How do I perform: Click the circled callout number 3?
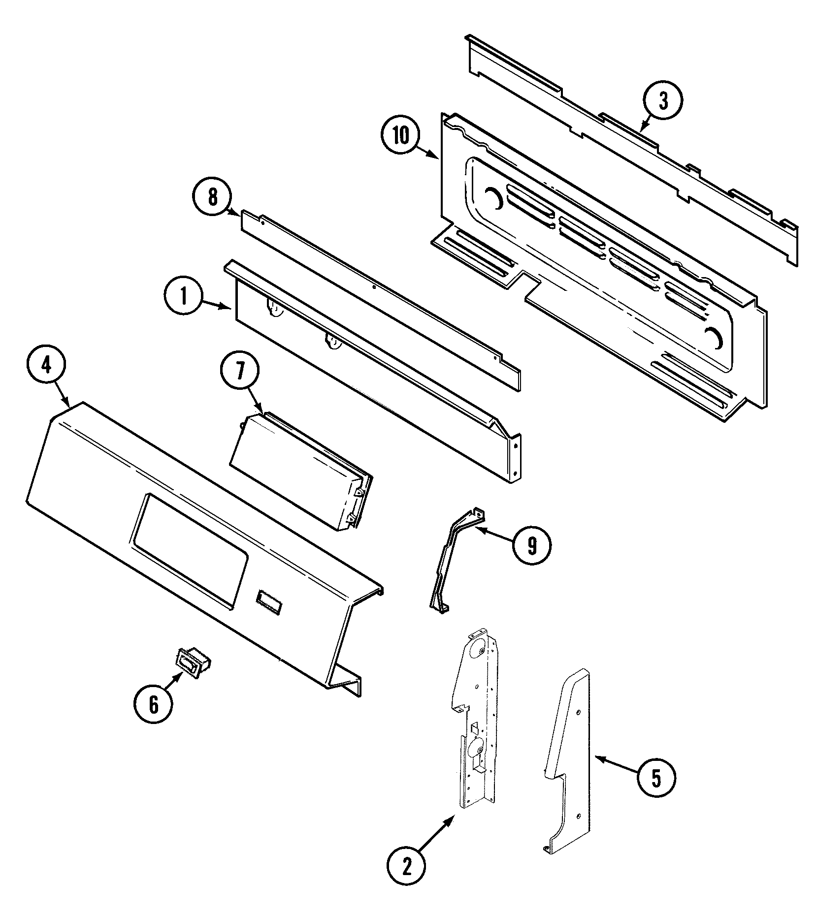tap(663, 101)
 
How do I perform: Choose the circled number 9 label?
tap(531, 545)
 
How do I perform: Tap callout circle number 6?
tap(153, 705)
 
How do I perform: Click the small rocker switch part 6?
tap(193, 663)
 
